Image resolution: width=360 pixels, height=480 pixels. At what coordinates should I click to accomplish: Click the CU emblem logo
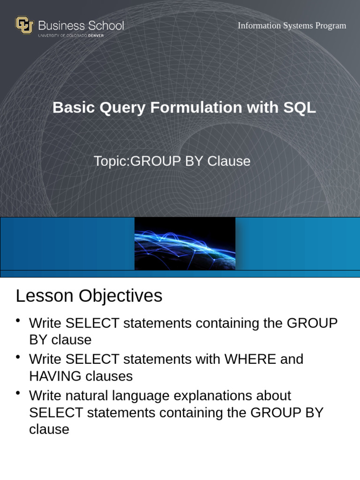click(x=24, y=25)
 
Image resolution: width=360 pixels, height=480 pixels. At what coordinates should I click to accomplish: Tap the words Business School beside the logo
click(x=81, y=25)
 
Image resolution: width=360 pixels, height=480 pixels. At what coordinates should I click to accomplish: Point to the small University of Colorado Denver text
click(x=71, y=36)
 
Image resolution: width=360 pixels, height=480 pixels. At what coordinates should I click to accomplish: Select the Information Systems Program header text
click(x=292, y=26)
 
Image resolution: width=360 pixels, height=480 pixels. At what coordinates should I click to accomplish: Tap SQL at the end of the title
click(x=300, y=107)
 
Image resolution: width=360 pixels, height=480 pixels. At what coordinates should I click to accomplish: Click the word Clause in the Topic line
click(x=229, y=161)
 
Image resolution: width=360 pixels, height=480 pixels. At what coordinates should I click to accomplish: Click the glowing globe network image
click(x=185, y=243)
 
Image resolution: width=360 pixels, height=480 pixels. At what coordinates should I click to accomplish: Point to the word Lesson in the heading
click(x=45, y=296)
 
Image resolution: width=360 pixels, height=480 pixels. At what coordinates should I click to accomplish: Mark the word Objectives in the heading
click(x=120, y=296)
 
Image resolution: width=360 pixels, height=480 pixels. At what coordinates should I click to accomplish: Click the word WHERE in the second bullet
click(x=250, y=360)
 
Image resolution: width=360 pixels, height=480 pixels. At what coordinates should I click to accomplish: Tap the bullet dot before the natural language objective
click(x=18, y=393)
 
